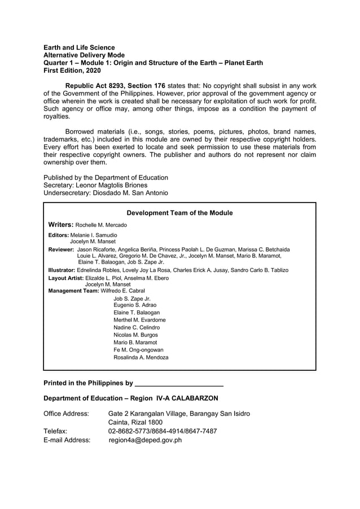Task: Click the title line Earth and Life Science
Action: pyautogui.click(x=79, y=47)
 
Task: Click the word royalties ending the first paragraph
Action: pyautogui.click(x=57, y=117)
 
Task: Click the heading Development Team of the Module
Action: pyautogui.click(x=179, y=213)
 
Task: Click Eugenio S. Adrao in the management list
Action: pyautogui.click(x=135, y=305)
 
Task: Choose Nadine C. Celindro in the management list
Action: pyautogui.click(x=137, y=327)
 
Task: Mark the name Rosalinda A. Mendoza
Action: pyautogui.click(x=141, y=357)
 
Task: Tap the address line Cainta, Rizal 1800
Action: pyautogui.click(x=135, y=422)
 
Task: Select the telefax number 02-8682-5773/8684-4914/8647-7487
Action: pyautogui.click(x=163, y=431)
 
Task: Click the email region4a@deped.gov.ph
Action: pyautogui.click(x=145, y=440)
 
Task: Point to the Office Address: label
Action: pyautogui.click(x=66, y=414)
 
